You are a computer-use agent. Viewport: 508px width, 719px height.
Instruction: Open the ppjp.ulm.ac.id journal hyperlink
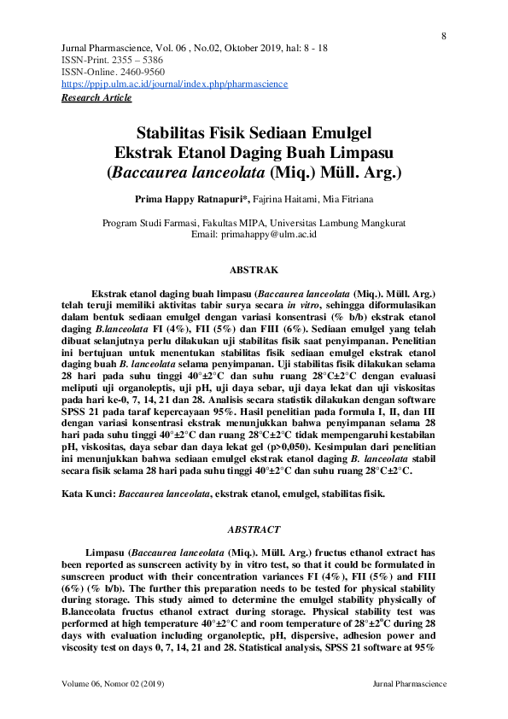(x=175, y=85)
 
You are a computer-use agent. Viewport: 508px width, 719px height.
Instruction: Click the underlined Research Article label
(x=96, y=97)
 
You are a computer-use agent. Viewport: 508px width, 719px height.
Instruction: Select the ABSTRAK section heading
(x=254, y=270)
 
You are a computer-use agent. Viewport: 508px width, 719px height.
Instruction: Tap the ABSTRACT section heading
(x=254, y=529)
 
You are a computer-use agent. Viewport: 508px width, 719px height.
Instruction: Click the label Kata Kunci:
(x=90, y=494)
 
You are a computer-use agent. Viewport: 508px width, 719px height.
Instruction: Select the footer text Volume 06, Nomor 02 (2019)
(x=114, y=685)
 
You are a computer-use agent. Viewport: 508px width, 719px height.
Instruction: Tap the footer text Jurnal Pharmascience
(x=410, y=685)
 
